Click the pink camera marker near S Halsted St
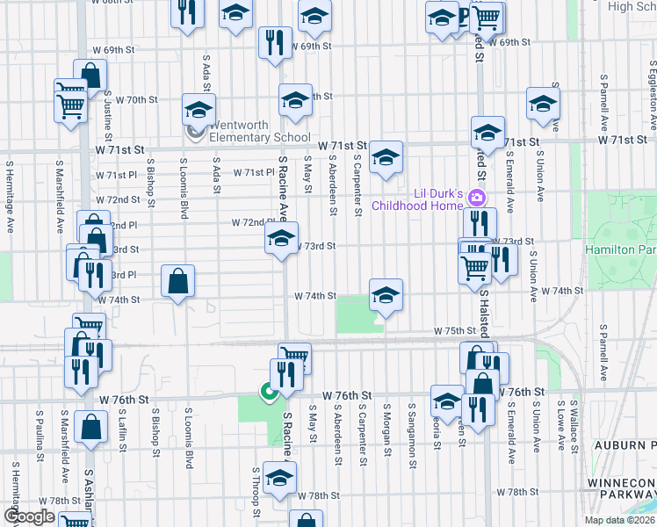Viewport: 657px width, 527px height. coord(478,197)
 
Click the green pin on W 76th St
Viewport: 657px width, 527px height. coord(268,392)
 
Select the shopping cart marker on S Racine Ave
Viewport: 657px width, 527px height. coord(295,355)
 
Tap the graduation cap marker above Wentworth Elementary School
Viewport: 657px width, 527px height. coord(199,110)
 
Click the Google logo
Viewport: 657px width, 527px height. coord(30,516)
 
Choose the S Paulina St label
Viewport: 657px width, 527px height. coord(40,435)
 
